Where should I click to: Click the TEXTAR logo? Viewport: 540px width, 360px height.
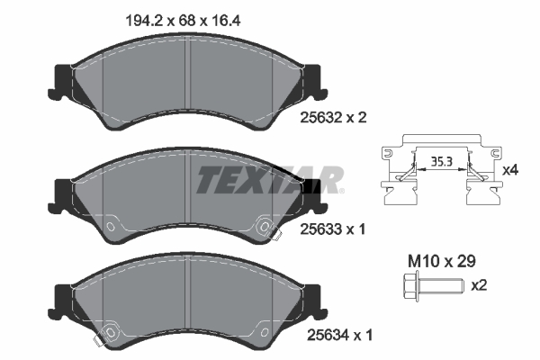pyautogui.click(x=269, y=179)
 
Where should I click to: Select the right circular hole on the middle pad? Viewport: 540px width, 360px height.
pyautogui.click(x=265, y=227)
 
